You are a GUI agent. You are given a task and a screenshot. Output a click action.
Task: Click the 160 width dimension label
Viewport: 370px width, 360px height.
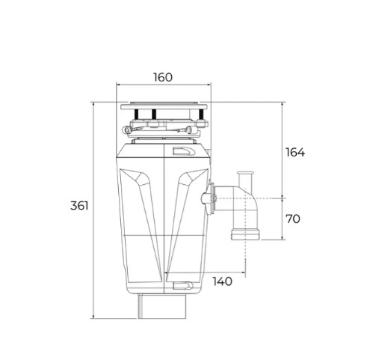(x=163, y=77)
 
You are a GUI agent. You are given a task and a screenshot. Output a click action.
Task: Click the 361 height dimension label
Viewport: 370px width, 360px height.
(x=79, y=206)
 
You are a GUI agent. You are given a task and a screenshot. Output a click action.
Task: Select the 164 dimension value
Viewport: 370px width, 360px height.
(x=295, y=152)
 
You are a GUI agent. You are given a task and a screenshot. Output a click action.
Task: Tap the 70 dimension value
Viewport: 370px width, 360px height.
(x=293, y=219)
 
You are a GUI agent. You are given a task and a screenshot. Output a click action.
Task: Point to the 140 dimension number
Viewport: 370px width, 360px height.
(x=223, y=281)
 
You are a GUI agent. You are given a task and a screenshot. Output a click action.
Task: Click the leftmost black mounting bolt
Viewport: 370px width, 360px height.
(x=136, y=115)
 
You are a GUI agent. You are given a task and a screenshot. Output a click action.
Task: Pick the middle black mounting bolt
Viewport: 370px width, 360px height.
(x=154, y=115)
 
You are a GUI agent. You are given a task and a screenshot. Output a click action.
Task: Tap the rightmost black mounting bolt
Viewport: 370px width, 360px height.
(x=201, y=115)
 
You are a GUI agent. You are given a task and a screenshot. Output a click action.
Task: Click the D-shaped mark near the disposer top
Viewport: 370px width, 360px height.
(x=185, y=152)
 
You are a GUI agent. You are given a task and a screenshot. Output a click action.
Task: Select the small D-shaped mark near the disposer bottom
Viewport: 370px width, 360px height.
(x=183, y=286)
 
